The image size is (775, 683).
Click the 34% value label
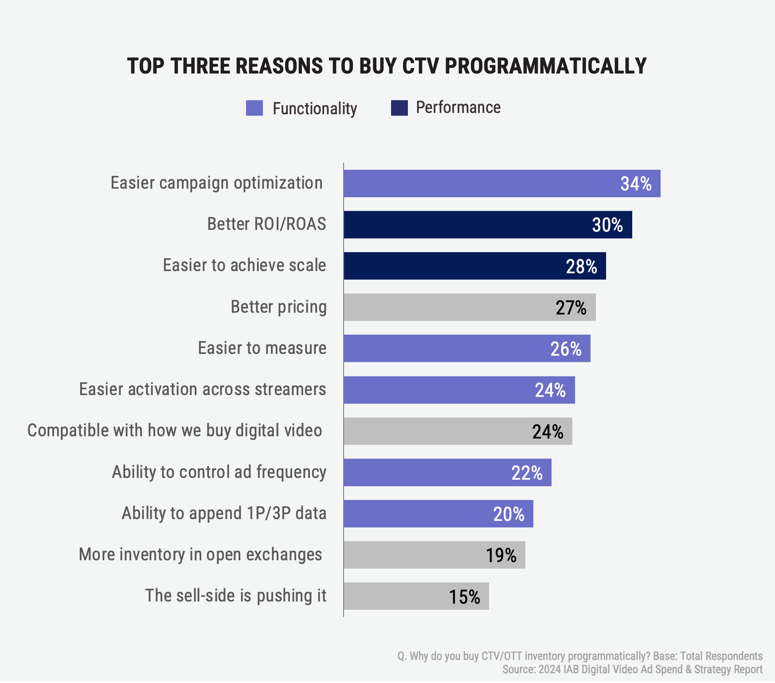(x=636, y=184)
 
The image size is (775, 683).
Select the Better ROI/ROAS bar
(x=466, y=225)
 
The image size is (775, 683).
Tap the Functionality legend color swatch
(x=254, y=108)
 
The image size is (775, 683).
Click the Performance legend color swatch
(x=399, y=108)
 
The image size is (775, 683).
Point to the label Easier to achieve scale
(x=244, y=265)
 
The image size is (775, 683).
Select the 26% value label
(x=566, y=349)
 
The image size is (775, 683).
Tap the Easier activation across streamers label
(x=203, y=389)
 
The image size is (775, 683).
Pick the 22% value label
(x=527, y=473)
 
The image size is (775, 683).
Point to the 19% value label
(x=501, y=555)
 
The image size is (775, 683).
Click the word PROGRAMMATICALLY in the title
(x=546, y=66)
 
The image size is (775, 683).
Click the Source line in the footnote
(x=632, y=669)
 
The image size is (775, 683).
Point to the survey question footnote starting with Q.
(x=580, y=656)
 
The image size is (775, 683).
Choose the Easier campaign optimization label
(x=216, y=183)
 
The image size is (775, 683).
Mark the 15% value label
(x=464, y=597)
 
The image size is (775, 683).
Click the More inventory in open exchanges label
(x=200, y=555)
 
